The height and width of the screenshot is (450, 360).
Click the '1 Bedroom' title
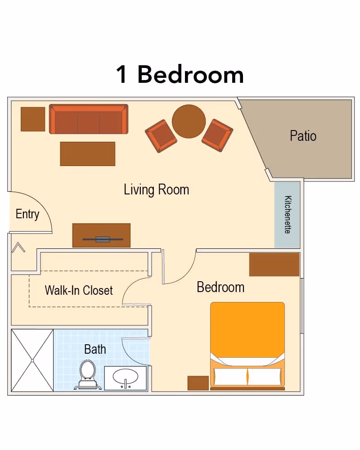pyautogui.click(x=180, y=74)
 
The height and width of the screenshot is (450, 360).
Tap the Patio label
pyautogui.click(x=303, y=136)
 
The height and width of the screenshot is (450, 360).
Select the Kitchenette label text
pyautogui.click(x=288, y=215)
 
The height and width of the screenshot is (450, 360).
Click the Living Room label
pyautogui.click(x=157, y=190)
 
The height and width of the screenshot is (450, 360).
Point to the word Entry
pyautogui.click(x=27, y=214)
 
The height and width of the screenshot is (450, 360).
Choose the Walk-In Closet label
pyautogui.click(x=79, y=290)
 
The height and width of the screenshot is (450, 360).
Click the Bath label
pyautogui.click(x=95, y=349)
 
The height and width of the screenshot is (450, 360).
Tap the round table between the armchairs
pyautogui.click(x=189, y=121)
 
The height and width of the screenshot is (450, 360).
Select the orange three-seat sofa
pyautogui.click(x=89, y=119)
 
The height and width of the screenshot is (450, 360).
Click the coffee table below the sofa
pyautogui.click(x=88, y=154)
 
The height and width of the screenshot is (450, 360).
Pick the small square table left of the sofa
pyautogui.click(x=33, y=119)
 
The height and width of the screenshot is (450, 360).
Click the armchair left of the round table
pyautogui.click(x=161, y=136)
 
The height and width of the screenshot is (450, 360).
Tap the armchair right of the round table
pyautogui.click(x=217, y=135)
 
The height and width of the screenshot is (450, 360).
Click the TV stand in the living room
pyautogui.click(x=101, y=235)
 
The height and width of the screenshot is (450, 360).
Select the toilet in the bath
pyautogui.click(x=88, y=374)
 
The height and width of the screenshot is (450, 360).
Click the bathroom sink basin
pyautogui.click(x=126, y=377)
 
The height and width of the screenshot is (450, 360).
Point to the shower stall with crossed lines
pyautogui.click(x=32, y=360)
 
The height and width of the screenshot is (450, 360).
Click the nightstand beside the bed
pyautogui.click(x=198, y=383)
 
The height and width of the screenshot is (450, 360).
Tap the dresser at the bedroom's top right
pyautogui.click(x=274, y=265)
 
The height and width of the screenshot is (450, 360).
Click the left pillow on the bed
pyautogui.click(x=230, y=376)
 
